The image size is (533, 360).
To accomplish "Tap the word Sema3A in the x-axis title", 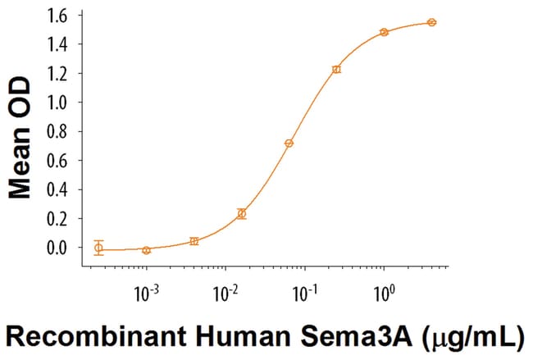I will point(347,337).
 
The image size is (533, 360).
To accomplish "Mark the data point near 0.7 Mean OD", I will point(289,144).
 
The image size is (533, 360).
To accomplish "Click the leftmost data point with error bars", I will point(99,247).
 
